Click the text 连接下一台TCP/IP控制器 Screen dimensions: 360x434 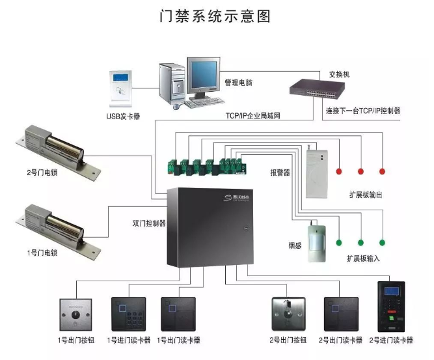(x=362, y=111)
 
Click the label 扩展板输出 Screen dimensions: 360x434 (x=361, y=195)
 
